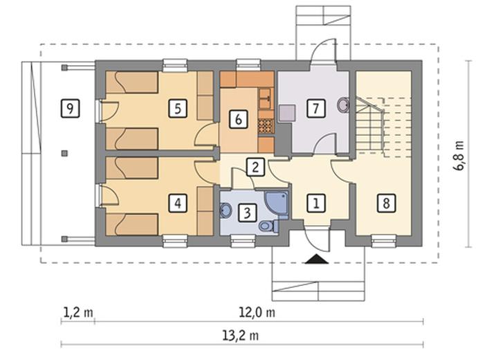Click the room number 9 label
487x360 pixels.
click(70, 109)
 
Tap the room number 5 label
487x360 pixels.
click(178, 109)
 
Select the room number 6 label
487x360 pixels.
click(238, 119)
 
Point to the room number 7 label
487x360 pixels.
click(316, 109)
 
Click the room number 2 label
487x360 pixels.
click(255, 167)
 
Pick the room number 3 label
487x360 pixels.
click(247, 213)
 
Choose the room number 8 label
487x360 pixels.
click(387, 204)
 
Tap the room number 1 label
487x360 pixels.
click(316, 204)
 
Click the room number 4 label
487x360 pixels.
click(178, 204)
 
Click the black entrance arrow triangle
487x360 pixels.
click(317, 260)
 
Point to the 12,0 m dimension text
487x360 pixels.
click(257, 312)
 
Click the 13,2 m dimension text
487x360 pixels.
click(241, 336)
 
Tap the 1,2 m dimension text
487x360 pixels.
click(78, 312)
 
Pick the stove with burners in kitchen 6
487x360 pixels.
click(266, 127)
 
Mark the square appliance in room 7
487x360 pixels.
click(287, 113)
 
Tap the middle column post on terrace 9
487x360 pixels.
click(64, 153)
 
